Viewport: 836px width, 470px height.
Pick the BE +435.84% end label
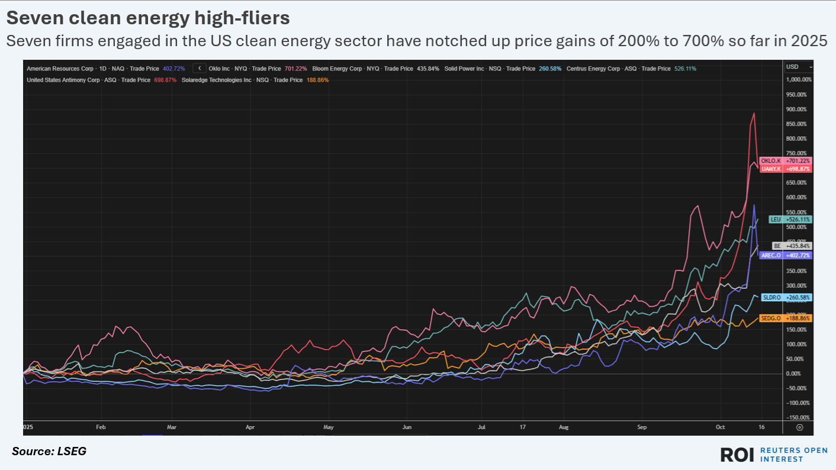point(792,246)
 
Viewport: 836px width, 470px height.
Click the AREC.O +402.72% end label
point(786,255)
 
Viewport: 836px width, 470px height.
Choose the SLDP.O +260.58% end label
point(786,297)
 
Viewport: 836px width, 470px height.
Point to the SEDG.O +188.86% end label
point(786,318)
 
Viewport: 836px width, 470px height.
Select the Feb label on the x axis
point(101,426)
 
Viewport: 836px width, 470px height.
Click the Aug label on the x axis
point(563,426)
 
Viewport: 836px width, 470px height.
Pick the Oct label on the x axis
point(719,426)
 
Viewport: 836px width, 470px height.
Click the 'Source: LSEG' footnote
point(49,452)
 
